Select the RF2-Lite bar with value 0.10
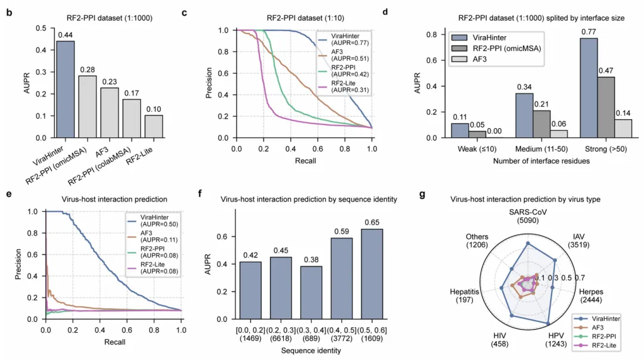click(x=153, y=126)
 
